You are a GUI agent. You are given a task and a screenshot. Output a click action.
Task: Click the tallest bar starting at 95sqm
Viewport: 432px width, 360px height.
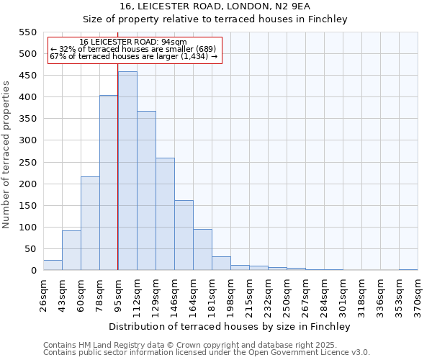pyautogui.click(x=127, y=171)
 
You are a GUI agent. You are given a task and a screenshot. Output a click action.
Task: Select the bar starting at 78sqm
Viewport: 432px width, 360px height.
pyautogui.click(x=109, y=183)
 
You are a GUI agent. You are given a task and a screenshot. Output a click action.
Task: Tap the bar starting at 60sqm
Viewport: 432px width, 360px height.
pyautogui.click(x=90, y=223)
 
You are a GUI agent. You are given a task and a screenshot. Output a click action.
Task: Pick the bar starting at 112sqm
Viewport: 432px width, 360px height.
pyautogui.click(x=146, y=191)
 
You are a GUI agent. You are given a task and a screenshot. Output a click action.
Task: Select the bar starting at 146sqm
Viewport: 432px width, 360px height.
pyautogui.click(x=184, y=235)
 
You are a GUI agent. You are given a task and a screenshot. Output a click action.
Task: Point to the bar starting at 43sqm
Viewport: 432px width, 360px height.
pyautogui.click(x=71, y=251)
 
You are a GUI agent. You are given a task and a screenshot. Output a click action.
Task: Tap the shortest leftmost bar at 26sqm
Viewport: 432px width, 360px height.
pyautogui.click(x=53, y=265)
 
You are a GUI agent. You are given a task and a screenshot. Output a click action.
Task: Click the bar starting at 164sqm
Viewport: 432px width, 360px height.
pyautogui.click(x=202, y=250)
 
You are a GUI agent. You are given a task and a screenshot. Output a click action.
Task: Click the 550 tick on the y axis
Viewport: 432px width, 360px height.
pyautogui.click(x=27, y=32)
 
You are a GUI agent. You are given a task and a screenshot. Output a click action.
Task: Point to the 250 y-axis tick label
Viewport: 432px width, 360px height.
pyautogui.click(x=27, y=163)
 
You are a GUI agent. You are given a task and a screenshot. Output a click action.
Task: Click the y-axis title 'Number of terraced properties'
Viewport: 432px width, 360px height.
pyautogui.click(x=6, y=154)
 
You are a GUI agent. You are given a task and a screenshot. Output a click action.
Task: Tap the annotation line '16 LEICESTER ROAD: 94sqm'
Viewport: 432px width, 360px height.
pyautogui.click(x=132, y=42)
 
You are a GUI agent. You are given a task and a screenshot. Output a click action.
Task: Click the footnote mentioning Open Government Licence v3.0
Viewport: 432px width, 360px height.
pyautogui.click(x=207, y=352)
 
